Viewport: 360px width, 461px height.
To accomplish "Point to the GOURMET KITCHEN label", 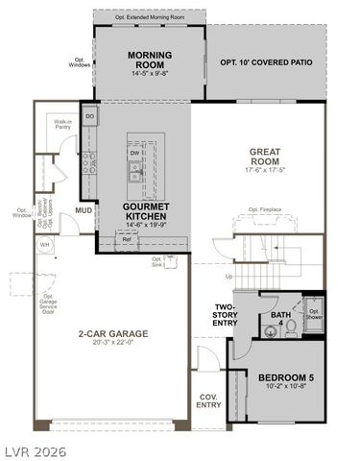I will (146, 211).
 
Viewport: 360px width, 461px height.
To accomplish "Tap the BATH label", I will (280, 314).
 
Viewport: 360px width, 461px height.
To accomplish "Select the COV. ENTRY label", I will (208, 400).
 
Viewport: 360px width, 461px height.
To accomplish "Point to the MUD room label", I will (83, 210).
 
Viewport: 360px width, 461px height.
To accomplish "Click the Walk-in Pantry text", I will (63, 125).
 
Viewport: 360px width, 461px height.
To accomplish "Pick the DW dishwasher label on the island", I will (134, 152).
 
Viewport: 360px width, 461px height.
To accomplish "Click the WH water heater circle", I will (44, 245).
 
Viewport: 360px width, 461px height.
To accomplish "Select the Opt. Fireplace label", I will (264, 209).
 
